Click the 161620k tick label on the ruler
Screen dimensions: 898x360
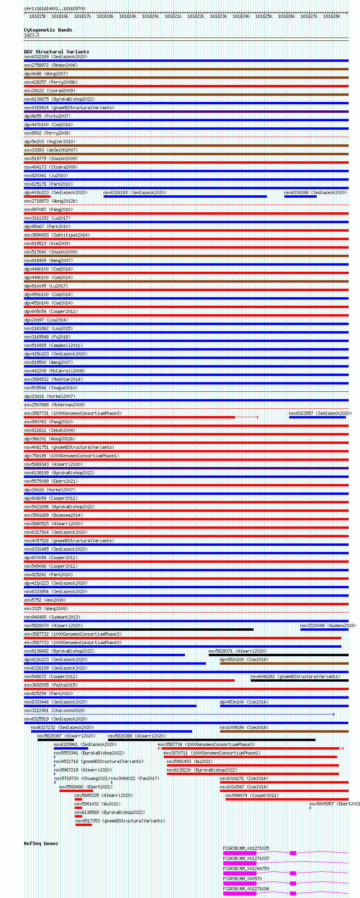[150, 16]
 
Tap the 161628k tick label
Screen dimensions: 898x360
[332, 16]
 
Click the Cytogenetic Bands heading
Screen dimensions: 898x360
[48, 30]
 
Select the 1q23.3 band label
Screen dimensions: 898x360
[32, 35]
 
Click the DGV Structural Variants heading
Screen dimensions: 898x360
[56, 52]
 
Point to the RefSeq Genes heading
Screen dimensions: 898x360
[41, 843]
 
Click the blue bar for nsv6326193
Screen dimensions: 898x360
[185, 197]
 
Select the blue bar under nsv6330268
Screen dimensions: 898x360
[300, 197]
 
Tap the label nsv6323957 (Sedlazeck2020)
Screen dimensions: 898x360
[320, 413]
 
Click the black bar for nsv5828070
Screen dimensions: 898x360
[138, 630]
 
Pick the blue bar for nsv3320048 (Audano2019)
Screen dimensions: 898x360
[324, 630]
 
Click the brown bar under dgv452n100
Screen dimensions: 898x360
[284, 663]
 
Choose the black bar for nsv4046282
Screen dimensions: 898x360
[299, 680]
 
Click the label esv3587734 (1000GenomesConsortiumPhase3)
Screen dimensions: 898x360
[206, 744]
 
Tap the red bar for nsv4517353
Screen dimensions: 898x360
[83, 825]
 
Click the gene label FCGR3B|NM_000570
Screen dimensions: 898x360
[242, 879]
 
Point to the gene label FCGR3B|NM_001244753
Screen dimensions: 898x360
[246, 868]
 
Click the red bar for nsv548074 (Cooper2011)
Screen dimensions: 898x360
[287, 799]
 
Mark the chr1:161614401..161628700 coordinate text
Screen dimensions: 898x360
[55, 8]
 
